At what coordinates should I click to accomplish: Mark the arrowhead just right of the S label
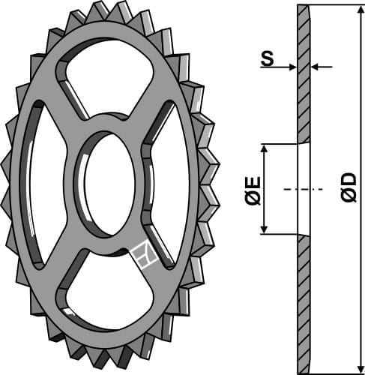pos(293,67)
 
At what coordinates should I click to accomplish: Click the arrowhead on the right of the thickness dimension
pos(316,67)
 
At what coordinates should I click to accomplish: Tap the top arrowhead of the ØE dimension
pos(265,148)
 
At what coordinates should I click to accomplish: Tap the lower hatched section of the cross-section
pos(303,300)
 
